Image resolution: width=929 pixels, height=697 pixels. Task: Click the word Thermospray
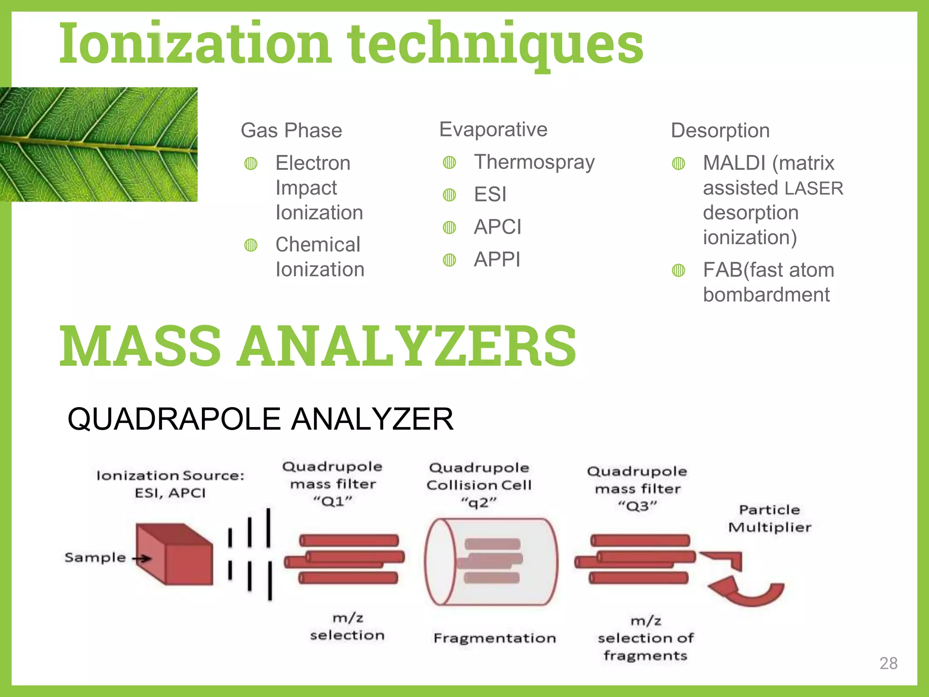pos(534,162)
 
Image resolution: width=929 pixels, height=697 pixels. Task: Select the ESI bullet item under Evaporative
pos(490,195)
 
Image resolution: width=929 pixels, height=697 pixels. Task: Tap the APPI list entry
pos(497,260)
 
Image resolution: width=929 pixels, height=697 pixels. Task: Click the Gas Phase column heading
pos(291,130)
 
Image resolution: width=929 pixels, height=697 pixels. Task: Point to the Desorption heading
pos(720,130)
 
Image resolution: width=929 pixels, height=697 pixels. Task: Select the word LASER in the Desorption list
pos(814,188)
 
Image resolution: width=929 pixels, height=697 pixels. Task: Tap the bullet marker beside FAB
pos(678,270)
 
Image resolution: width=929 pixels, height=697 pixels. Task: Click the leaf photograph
pos(98,144)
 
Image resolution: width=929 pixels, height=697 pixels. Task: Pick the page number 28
pos(888,663)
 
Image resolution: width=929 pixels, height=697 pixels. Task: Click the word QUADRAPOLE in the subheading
pos(174,419)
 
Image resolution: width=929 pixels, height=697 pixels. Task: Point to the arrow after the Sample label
pos(142,558)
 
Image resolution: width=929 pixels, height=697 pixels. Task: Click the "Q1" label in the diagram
pos(332,501)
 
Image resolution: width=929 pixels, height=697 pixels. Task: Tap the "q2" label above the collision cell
pos(479,503)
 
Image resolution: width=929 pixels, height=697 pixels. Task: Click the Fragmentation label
pos(494,638)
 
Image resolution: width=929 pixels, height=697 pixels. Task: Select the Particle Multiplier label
pos(769,518)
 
